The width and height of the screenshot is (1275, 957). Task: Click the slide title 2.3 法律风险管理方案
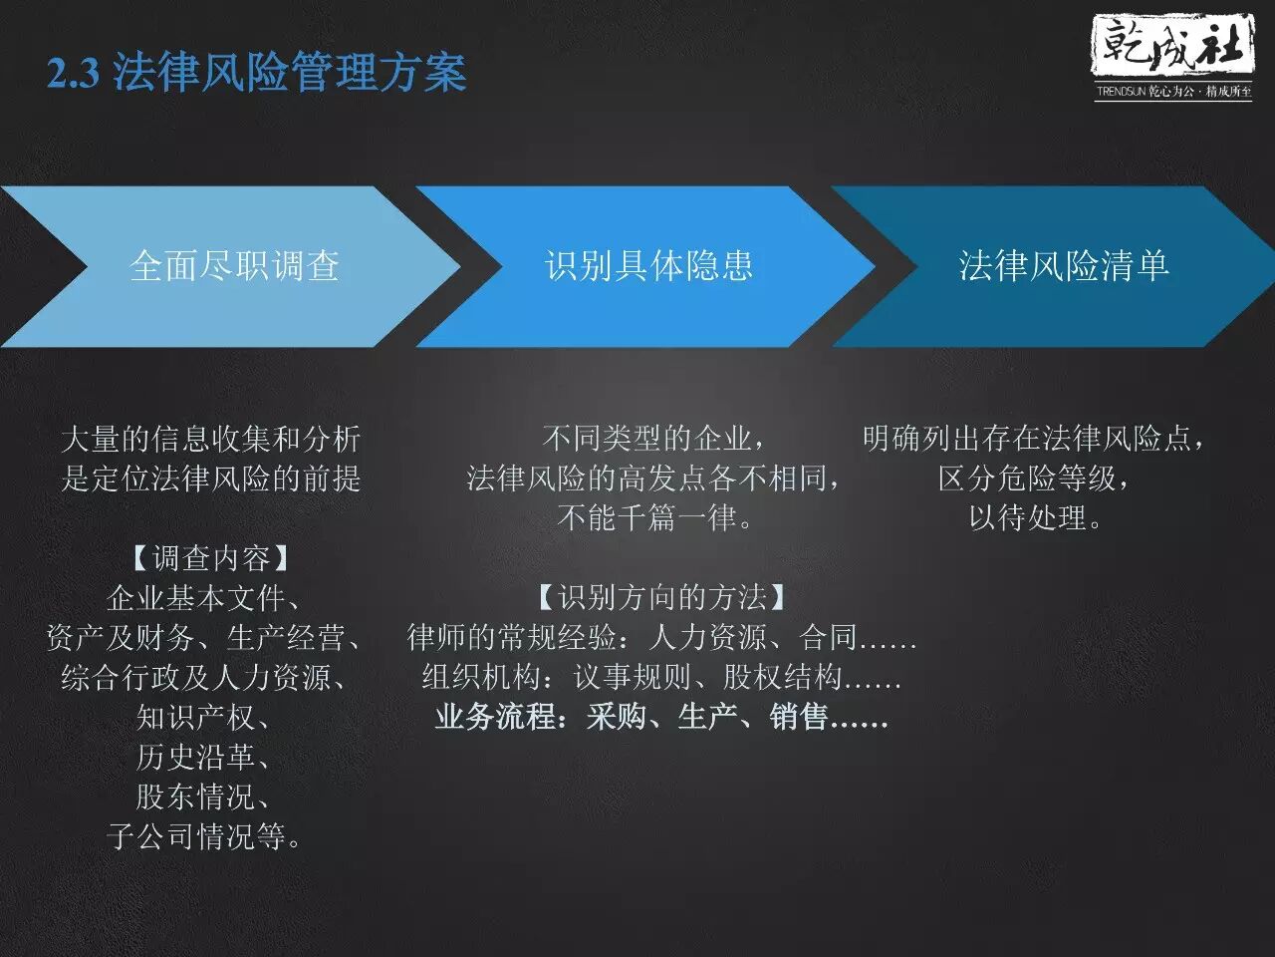[257, 72]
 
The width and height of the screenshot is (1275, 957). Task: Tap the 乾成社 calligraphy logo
[1172, 47]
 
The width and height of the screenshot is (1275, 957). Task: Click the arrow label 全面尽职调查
[234, 266]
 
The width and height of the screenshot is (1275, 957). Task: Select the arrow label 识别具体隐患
[648, 266]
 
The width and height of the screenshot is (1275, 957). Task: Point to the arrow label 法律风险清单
[1064, 266]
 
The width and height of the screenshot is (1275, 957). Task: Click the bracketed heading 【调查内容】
[211, 558]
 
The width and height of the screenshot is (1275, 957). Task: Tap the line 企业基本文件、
[203, 598]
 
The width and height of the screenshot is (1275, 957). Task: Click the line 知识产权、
[203, 718]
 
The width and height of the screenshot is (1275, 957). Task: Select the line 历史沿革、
[203, 757]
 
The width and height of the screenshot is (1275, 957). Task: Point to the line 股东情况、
[203, 797]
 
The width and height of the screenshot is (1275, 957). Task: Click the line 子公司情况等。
[203, 836]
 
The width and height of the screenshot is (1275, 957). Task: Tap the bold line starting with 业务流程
[662, 717]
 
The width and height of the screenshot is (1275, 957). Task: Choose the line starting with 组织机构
[662, 677]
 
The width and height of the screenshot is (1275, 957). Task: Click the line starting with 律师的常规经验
[662, 637]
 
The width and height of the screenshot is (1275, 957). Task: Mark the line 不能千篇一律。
[655, 517]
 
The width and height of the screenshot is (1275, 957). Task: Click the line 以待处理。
[1035, 517]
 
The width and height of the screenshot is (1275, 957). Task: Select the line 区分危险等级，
[1035, 478]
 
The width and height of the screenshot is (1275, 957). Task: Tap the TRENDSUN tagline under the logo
[1174, 92]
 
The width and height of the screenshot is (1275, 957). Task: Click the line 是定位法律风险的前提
[211, 478]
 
